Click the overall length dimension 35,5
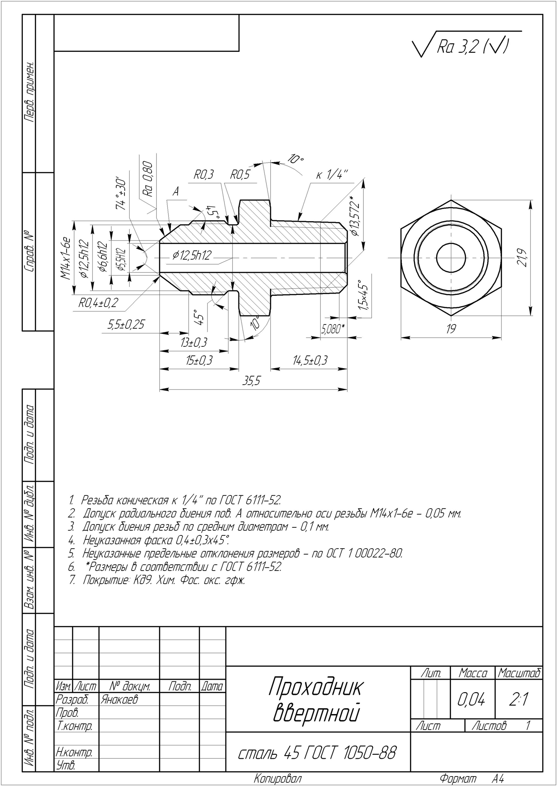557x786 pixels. [251, 381]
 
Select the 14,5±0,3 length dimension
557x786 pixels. [310, 360]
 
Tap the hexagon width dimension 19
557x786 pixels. [451, 329]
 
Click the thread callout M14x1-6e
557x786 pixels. [66, 258]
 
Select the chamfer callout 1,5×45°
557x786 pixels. [362, 295]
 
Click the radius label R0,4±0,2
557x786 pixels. [98, 303]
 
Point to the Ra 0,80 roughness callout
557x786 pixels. [148, 179]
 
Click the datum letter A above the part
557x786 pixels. [176, 192]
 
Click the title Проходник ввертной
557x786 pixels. [316, 700]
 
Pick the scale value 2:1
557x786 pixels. [519, 699]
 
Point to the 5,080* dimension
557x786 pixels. [333, 329]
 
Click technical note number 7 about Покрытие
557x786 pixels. [157, 580]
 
